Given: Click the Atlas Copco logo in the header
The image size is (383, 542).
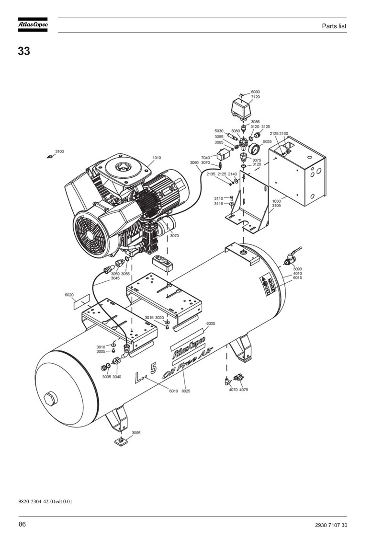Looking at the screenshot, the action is (x=33, y=25).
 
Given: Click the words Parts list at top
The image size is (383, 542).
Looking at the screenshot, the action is (x=334, y=26).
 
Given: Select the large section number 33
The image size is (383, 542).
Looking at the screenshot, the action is (x=24, y=51).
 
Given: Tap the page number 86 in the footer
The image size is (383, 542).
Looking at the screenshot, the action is (x=22, y=524).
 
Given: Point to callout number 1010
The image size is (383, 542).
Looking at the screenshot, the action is (x=157, y=158).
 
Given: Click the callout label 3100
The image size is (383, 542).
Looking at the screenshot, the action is (x=59, y=151).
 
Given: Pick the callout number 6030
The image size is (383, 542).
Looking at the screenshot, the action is (x=255, y=92).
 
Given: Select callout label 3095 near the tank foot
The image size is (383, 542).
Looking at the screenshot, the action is (x=136, y=433).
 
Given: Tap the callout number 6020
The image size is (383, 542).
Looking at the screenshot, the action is (x=69, y=295).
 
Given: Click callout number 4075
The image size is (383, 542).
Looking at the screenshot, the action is (x=244, y=390).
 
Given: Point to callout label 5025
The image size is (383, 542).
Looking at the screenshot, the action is (x=267, y=142).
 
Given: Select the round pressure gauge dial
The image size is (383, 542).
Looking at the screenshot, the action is (x=255, y=150).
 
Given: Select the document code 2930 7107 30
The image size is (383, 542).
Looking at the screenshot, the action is (x=331, y=525).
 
